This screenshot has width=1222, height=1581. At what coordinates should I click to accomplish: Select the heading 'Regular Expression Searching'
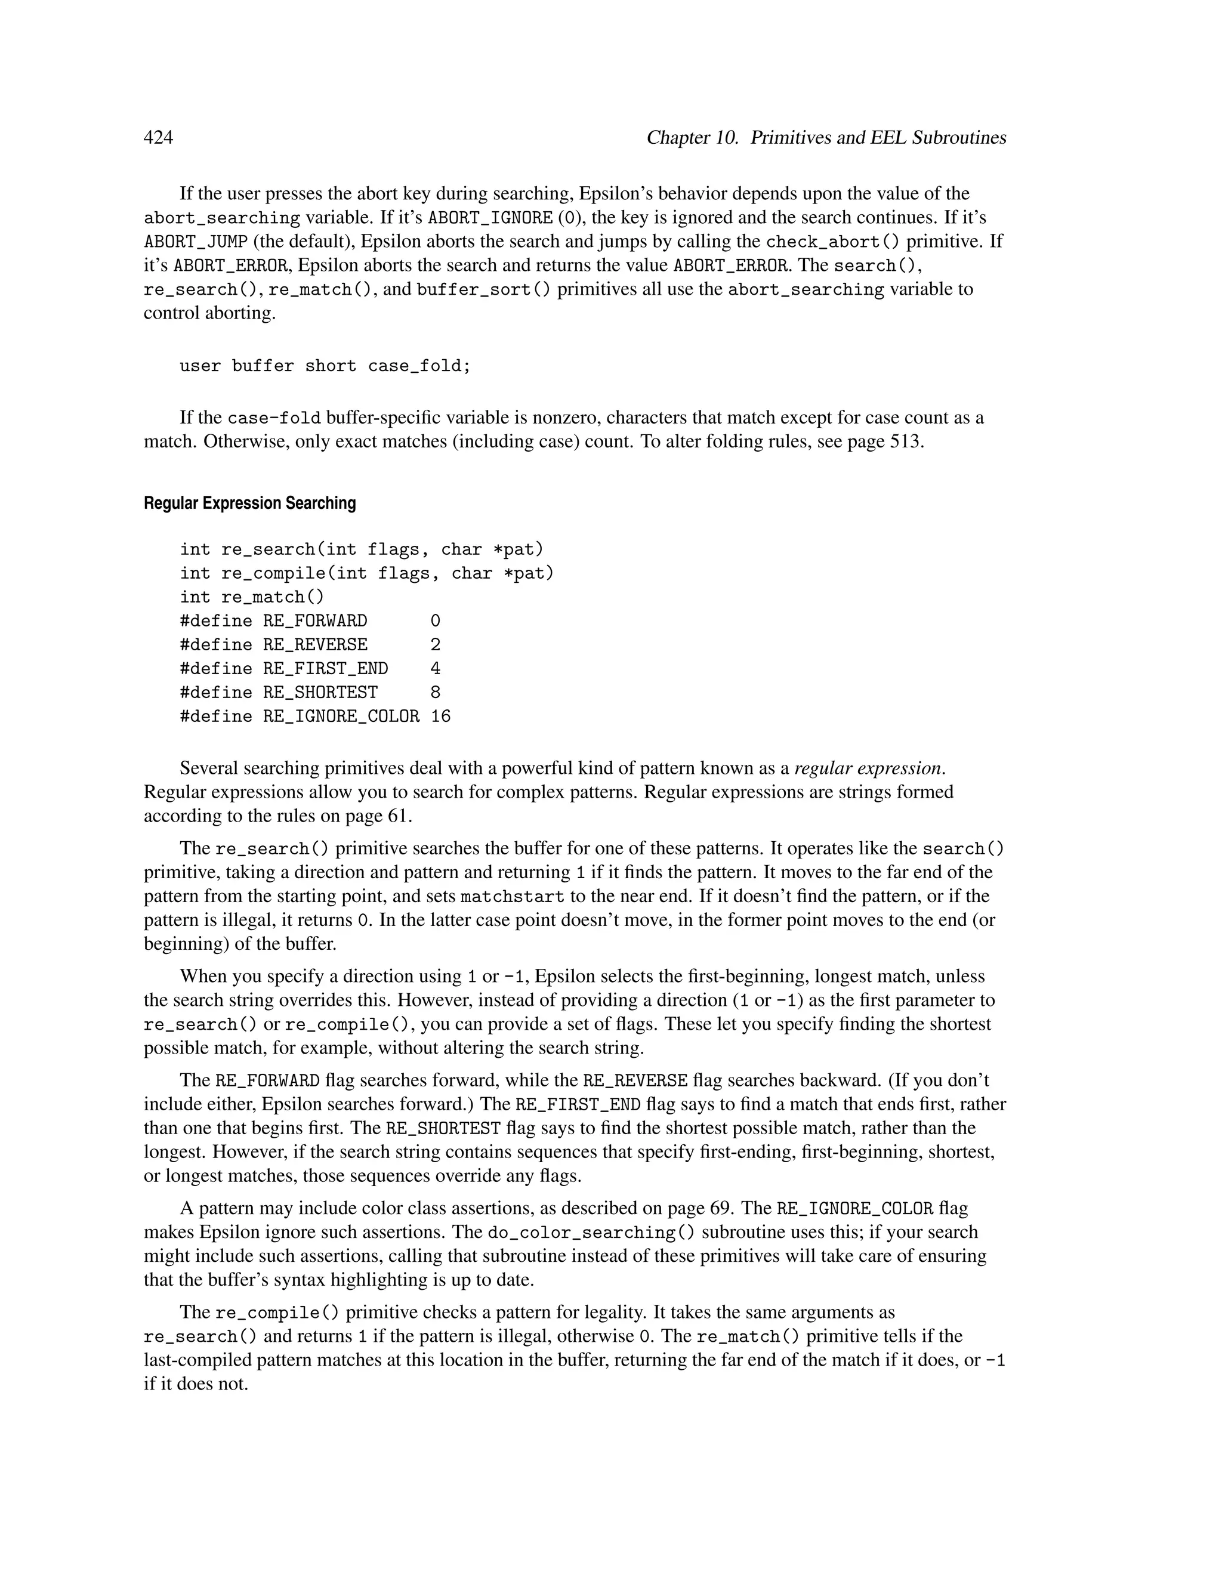pyautogui.click(x=250, y=503)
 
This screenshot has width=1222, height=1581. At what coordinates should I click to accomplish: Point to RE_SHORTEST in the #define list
pyautogui.click(x=320, y=693)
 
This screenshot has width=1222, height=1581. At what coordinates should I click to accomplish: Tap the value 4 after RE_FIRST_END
pyautogui.click(x=435, y=669)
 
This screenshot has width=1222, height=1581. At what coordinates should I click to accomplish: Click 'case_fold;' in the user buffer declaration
pyautogui.click(x=419, y=366)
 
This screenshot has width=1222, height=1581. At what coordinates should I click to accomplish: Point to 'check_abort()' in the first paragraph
pyautogui.click(x=832, y=242)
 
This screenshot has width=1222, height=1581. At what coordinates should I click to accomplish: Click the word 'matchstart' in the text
pyautogui.click(x=513, y=897)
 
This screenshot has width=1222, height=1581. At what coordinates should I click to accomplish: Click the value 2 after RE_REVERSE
pyautogui.click(x=435, y=645)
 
